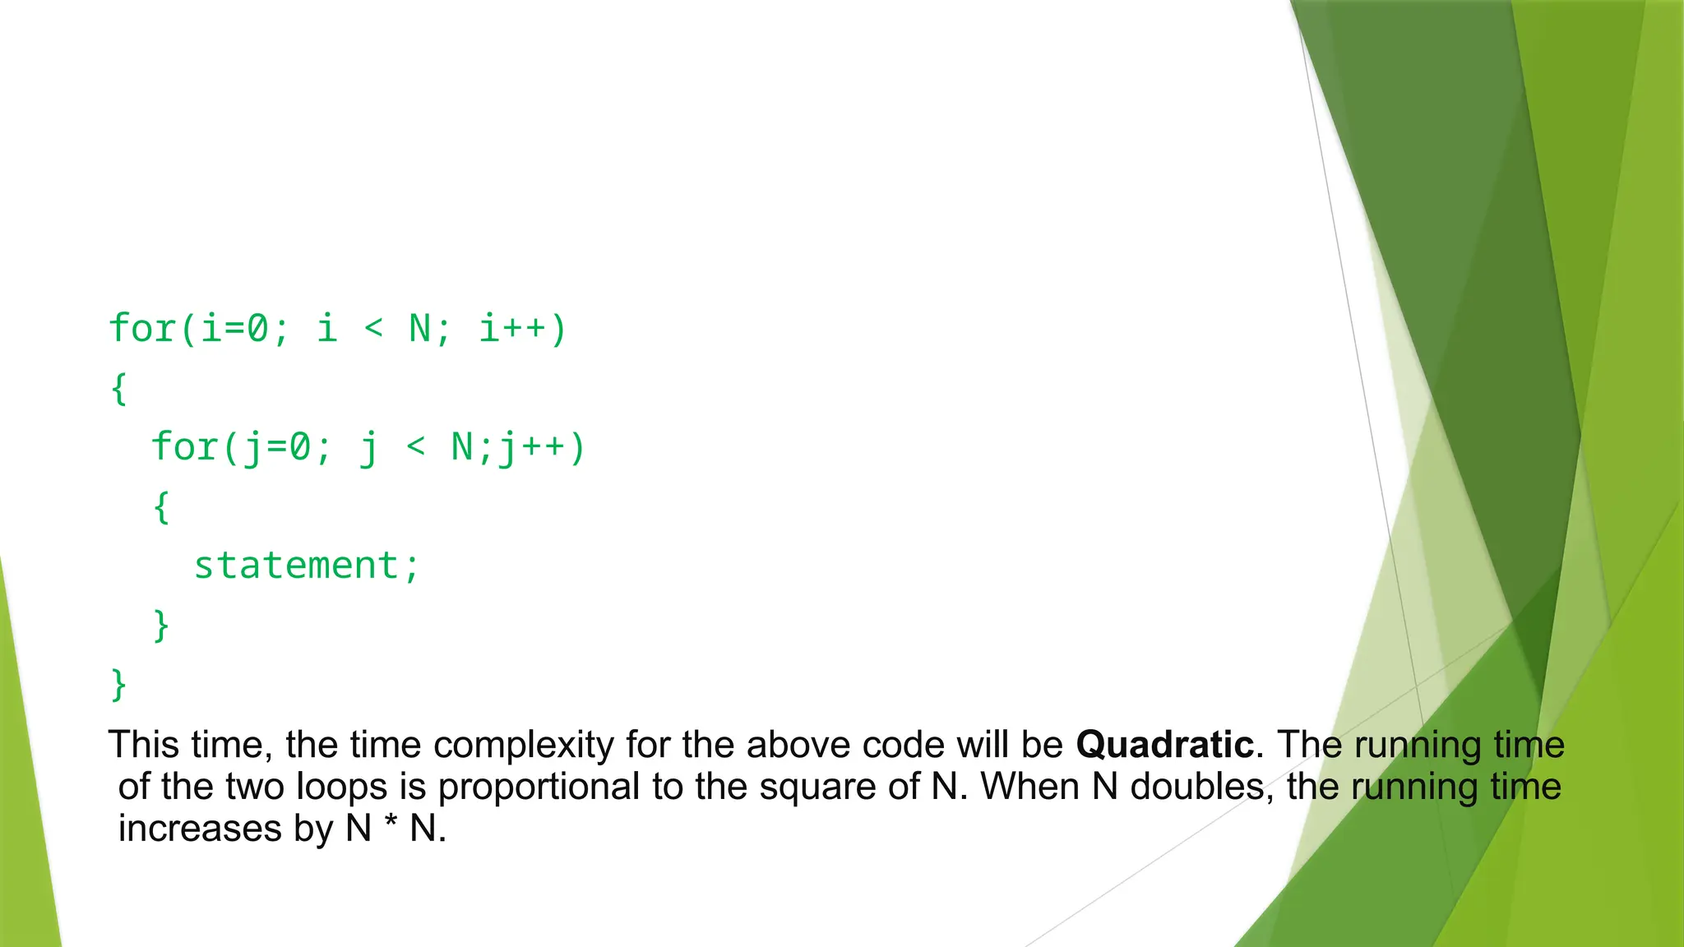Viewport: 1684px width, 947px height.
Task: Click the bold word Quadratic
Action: [1165, 745]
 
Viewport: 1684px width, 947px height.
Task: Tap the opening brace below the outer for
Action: [119, 388]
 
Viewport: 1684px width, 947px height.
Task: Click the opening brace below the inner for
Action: [162, 506]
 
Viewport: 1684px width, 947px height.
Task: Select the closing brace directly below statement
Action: [162, 625]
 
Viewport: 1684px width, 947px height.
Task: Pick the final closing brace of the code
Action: [119, 684]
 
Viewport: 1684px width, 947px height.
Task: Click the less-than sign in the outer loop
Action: [374, 329]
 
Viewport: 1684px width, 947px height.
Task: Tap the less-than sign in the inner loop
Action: [416, 448]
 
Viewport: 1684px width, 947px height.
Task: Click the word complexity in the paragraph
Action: [524, 745]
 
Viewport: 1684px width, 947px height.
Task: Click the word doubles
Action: [1196, 787]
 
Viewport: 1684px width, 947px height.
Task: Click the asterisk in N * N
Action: [391, 825]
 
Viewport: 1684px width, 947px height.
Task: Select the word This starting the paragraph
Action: [144, 745]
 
